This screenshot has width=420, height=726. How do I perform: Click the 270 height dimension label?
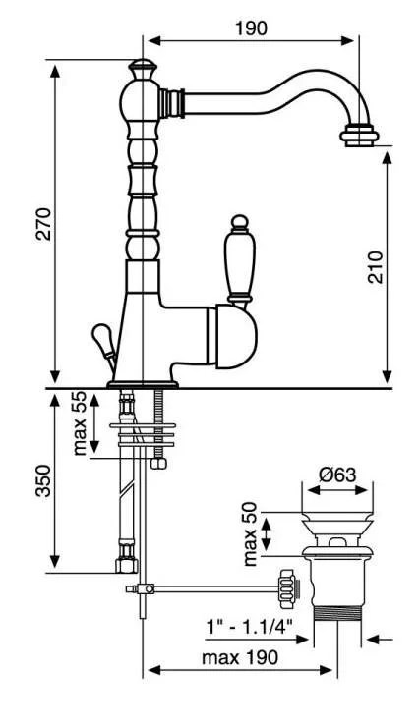click(44, 224)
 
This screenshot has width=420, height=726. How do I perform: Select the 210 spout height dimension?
click(376, 267)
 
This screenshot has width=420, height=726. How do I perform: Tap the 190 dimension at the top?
click(251, 28)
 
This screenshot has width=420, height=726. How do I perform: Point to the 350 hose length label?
click(44, 480)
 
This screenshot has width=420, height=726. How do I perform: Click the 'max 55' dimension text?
click(80, 422)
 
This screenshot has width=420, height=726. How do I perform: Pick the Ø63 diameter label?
click(338, 475)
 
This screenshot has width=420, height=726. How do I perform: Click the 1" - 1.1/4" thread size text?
click(250, 628)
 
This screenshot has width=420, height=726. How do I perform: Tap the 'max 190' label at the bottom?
click(240, 657)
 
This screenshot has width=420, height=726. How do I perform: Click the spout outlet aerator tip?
click(359, 135)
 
